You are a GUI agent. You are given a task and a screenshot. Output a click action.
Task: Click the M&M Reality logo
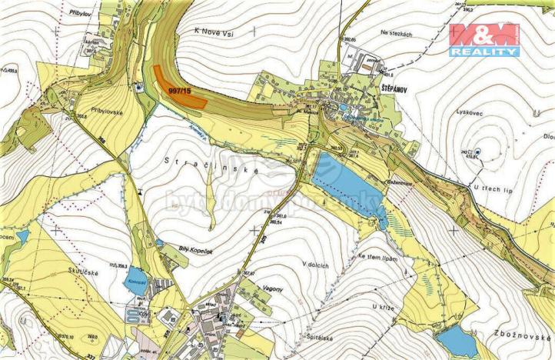[485, 39]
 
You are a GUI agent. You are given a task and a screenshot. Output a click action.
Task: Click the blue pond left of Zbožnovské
[456, 341]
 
